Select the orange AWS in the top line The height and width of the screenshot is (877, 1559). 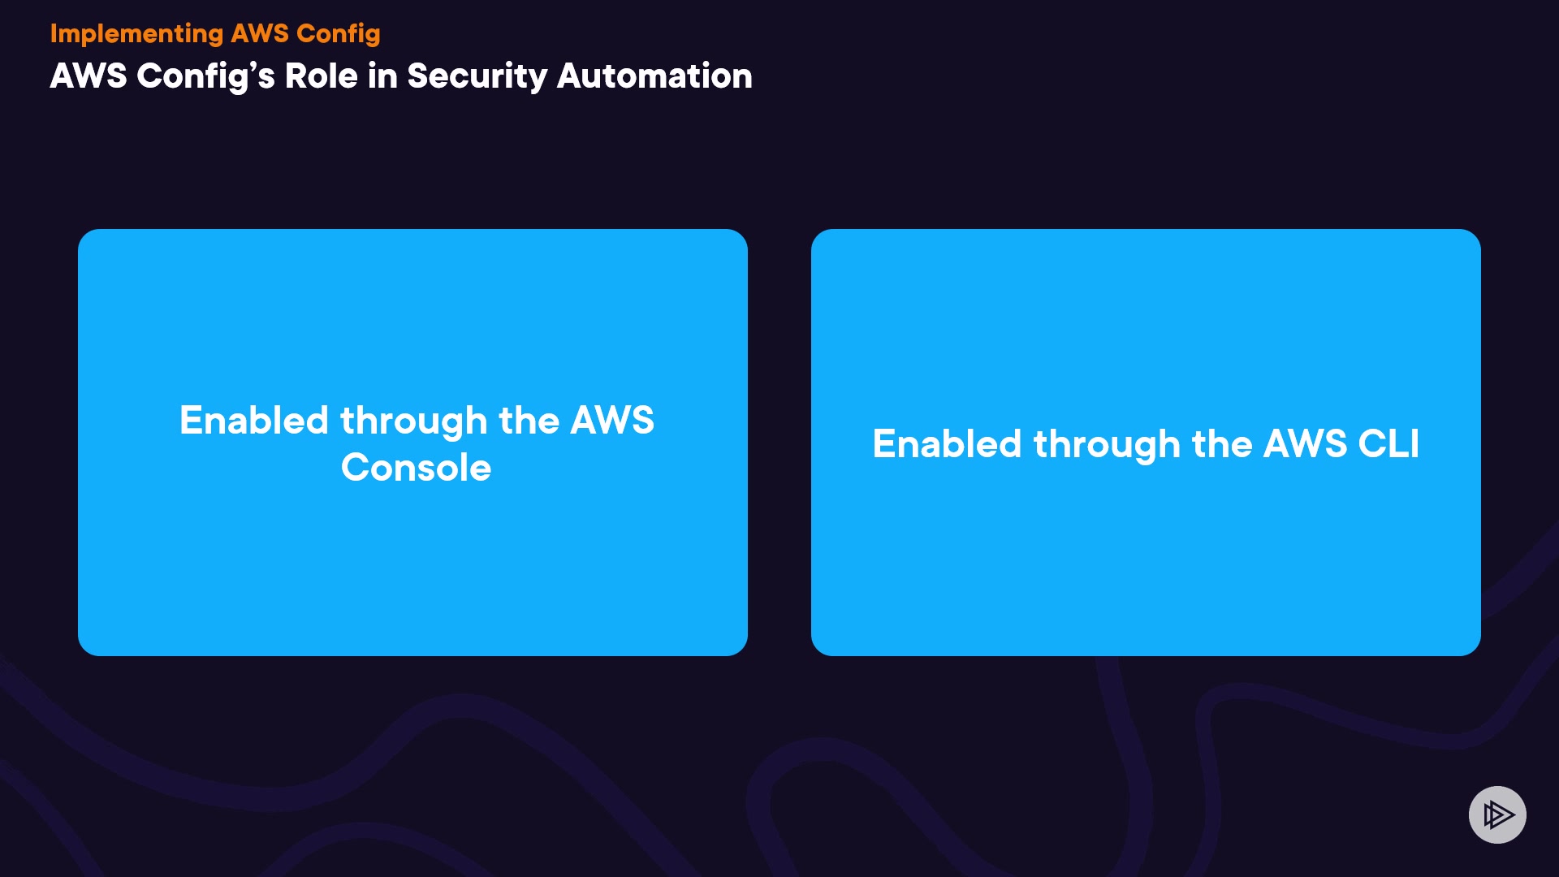coord(260,33)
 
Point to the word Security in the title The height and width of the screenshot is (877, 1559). coord(477,76)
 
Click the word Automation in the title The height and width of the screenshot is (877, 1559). coord(654,76)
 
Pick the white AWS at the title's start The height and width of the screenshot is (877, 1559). coord(89,76)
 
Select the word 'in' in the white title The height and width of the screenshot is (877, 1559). coord(382,76)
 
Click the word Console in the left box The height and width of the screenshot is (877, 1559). coord(416,468)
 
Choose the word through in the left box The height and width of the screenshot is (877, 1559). coord(414,421)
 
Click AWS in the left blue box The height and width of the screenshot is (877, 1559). coord(612,421)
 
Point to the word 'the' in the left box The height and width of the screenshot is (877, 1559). coord(529,421)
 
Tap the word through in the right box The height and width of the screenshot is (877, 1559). coord(1107,445)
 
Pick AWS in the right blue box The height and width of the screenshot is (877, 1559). coord(1305,444)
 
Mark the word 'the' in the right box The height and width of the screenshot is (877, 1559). coord(1222,444)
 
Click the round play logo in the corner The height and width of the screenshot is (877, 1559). coord(1497,814)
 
